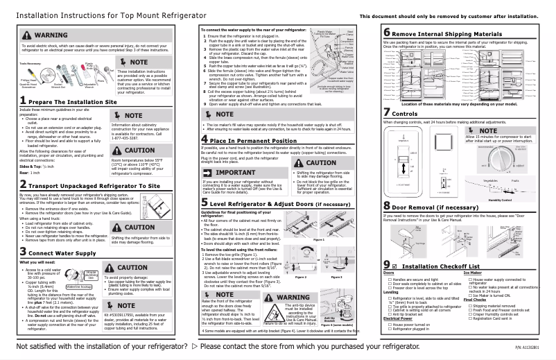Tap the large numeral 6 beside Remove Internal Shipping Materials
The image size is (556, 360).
(386, 33)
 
